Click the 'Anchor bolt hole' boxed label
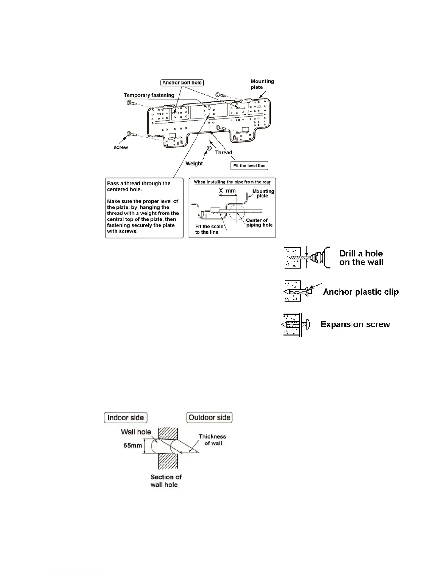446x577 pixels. (x=182, y=83)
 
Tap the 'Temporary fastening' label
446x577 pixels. (x=149, y=95)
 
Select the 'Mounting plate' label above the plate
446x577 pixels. (x=262, y=84)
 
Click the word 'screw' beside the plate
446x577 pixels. (x=121, y=148)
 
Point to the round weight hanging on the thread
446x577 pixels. (x=210, y=148)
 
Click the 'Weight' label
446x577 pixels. (x=194, y=164)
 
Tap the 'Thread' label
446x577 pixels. (x=223, y=152)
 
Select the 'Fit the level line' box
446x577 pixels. (x=250, y=165)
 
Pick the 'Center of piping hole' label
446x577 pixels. (x=259, y=223)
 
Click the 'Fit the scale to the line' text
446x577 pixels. (x=209, y=229)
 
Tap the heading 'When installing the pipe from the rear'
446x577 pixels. (x=232, y=182)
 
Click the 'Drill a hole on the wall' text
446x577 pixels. (x=361, y=258)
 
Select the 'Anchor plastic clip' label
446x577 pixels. (x=361, y=292)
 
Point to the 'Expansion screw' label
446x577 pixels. (x=355, y=325)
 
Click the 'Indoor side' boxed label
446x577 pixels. (x=126, y=417)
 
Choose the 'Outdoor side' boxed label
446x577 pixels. (x=209, y=417)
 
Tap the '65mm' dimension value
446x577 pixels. (x=133, y=445)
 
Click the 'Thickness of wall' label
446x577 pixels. (x=213, y=440)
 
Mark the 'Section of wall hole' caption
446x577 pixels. (x=165, y=480)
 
